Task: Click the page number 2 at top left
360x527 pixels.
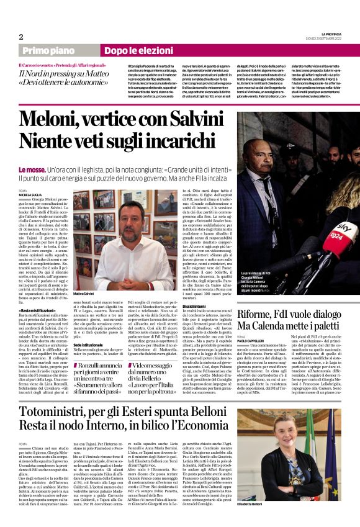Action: pyautogui.click(x=21, y=36)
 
